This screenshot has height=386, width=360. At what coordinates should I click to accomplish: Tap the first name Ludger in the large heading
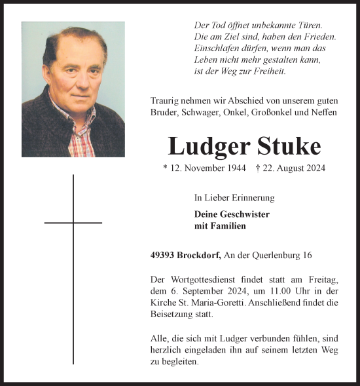point(206,147)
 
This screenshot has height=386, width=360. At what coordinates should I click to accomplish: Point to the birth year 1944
point(234,168)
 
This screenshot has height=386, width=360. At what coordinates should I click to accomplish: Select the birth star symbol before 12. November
point(166,168)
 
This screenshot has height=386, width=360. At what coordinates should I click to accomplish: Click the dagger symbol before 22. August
point(259,168)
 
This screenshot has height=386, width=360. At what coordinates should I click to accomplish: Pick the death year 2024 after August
point(314,168)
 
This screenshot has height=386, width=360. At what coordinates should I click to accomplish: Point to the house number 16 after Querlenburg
point(307,255)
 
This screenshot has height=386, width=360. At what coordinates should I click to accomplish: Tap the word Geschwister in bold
point(242,214)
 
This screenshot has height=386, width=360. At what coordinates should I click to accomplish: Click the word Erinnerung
point(253,197)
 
